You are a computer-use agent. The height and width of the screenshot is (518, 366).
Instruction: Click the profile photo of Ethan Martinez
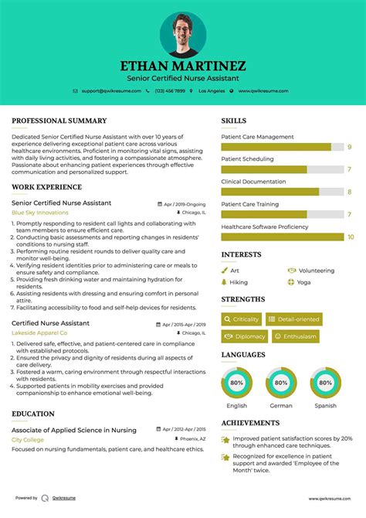tap(183, 34)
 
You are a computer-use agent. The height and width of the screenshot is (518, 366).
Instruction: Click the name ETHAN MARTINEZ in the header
tap(183, 66)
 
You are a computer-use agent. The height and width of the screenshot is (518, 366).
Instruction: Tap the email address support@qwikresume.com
tap(110, 90)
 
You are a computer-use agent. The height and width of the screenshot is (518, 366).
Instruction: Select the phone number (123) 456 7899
tap(170, 90)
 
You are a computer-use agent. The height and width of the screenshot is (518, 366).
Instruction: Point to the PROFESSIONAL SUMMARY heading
tap(59, 121)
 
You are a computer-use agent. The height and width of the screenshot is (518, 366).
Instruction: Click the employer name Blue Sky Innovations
tap(40, 212)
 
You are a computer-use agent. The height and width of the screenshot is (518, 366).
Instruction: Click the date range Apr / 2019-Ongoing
tap(185, 204)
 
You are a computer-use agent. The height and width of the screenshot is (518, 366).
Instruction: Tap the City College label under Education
tap(28, 439)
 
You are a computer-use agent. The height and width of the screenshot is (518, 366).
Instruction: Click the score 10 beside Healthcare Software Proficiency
tap(351, 237)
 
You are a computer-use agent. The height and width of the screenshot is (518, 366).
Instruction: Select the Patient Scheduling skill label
tap(247, 159)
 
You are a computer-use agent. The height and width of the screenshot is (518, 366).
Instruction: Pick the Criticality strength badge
tap(241, 319)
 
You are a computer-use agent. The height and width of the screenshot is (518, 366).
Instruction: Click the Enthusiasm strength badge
tap(294, 336)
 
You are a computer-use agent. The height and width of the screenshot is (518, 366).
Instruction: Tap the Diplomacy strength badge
tap(245, 336)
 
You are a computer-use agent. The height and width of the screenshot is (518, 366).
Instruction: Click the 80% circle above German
tap(281, 382)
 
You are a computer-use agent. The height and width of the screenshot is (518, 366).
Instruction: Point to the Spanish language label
tap(325, 405)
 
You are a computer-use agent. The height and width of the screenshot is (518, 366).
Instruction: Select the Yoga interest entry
tap(303, 282)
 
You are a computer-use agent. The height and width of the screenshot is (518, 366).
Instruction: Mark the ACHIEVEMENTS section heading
tap(250, 424)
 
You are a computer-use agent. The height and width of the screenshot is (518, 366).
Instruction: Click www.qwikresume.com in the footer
tap(331, 499)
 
